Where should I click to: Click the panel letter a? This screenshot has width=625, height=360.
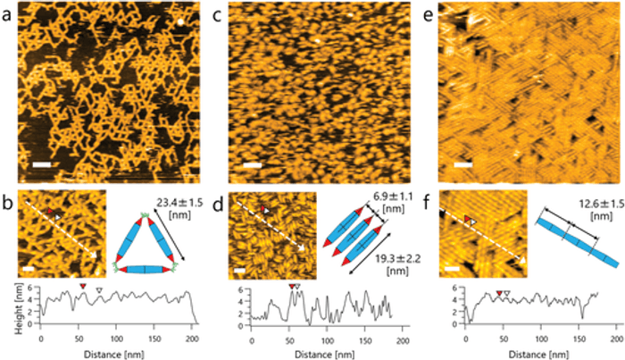coord(7,15)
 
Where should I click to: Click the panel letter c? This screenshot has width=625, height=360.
coord(217,15)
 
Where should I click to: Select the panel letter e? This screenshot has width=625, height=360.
coord(428,15)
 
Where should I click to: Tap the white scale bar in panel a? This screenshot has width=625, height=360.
coord(41,164)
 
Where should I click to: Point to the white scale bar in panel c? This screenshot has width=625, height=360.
coord(252,164)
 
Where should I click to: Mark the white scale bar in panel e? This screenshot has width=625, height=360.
coord(463,164)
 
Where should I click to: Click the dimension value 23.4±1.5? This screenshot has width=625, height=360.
coord(186,203)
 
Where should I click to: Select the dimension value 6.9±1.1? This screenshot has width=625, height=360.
coord(394,197)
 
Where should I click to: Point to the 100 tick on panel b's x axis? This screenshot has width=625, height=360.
coord(116,339)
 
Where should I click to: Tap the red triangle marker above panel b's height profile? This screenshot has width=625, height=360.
coord(82,286)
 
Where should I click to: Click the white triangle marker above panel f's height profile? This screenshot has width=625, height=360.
coord(506,293)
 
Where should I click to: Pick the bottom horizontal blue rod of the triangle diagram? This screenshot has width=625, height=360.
coord(145,270)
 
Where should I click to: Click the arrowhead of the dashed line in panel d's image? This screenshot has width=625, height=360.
coord(302,248)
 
